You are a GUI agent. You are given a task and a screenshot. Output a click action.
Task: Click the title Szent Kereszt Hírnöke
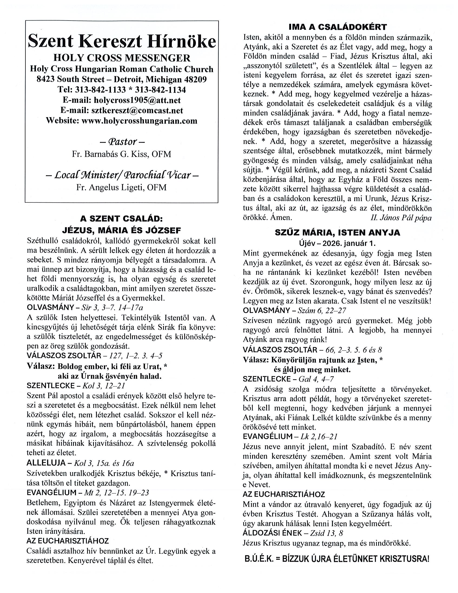coord(122,41)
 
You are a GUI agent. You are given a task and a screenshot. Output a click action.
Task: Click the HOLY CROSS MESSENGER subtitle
coord(122,58)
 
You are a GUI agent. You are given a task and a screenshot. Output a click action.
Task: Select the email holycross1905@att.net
coord(137,100)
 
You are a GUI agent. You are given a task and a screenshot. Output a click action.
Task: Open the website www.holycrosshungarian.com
coord(139,121)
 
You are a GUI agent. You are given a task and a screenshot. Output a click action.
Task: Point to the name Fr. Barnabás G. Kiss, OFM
coord(121,154)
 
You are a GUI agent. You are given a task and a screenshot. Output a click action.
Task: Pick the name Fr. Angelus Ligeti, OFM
coord(121,187)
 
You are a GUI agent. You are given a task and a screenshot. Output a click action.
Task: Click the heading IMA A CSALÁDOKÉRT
coord(337,27)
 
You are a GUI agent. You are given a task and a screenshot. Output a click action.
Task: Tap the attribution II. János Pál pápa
coord(401,218)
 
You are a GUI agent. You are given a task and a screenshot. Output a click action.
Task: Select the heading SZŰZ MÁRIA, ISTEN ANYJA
coord(337,233)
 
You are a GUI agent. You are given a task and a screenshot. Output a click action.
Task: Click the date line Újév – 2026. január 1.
coord(337,243)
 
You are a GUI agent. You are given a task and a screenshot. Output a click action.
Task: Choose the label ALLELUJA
coord(46,463)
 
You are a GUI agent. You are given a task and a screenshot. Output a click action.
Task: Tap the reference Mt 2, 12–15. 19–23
coord(117,493)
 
